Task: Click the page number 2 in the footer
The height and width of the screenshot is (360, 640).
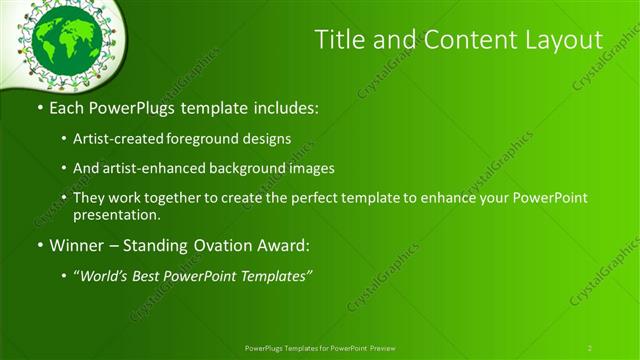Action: [x=590, y=347]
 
